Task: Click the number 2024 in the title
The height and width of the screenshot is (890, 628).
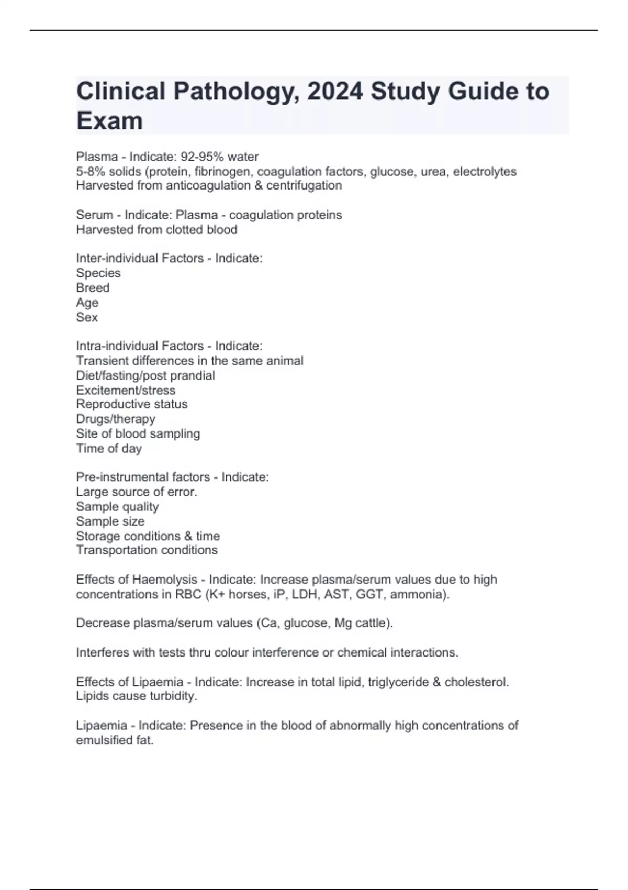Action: [x=335, y=92]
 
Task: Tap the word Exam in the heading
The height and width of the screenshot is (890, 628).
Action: [x=109, y=121]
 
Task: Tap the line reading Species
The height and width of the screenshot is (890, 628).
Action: [x=98, y=273]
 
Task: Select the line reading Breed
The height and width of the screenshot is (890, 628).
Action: [x=93, y=287]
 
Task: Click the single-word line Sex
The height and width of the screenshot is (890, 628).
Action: [x=87, y=317]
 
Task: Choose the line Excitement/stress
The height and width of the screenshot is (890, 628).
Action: [x=126, y=390]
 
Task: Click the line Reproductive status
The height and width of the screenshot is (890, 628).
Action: [x=131, y=404]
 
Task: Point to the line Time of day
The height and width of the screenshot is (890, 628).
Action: [x=109, y=448]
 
